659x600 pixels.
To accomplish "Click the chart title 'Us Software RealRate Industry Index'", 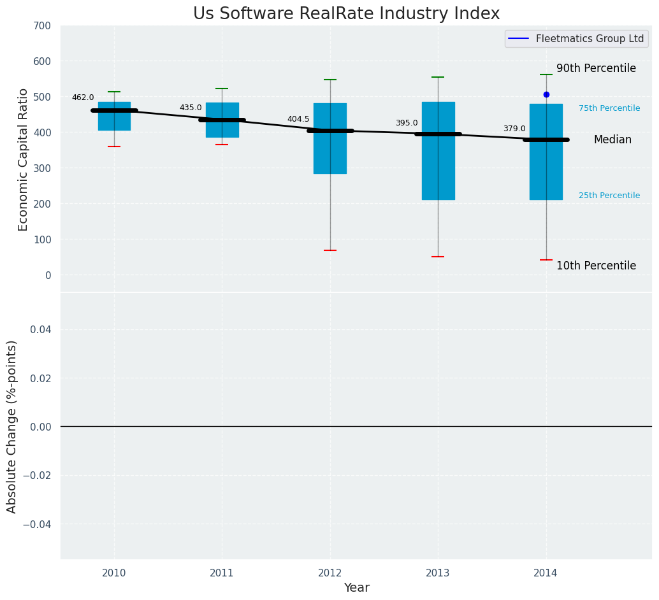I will click(346, 14).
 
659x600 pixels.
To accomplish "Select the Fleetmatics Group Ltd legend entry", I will click(576, 39).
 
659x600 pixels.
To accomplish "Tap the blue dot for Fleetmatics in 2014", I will click(546, 94).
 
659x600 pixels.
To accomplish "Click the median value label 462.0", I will click(83, 97).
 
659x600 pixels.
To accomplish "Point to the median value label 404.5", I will click(298, 119).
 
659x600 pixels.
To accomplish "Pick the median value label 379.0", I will click(514, 129).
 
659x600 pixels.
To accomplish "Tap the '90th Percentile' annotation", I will click(596, 68).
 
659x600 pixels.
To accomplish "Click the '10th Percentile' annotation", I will click(596, 266).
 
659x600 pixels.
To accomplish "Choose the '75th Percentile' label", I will click(609, 108).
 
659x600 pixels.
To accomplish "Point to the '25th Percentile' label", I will click(609, 196).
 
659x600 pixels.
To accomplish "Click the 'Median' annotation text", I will click(612, 139).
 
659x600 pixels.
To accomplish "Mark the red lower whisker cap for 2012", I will click(330, 250).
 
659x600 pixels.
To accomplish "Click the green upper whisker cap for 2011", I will click(222, 89).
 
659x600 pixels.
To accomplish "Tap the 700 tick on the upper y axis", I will click(43, 26).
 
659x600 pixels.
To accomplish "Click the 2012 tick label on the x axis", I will click(330, 573).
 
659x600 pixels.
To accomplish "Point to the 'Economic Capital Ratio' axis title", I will click(24, 159).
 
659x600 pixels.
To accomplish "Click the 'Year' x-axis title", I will click(356, 588).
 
